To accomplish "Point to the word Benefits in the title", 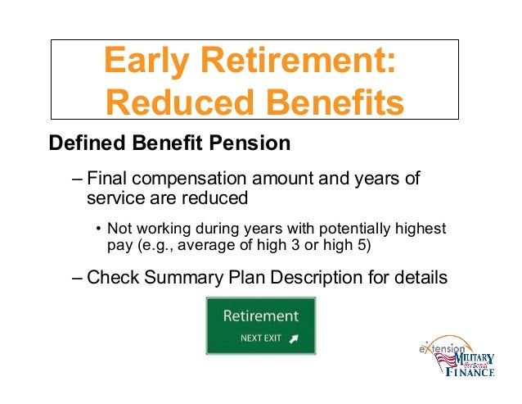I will (337, 105).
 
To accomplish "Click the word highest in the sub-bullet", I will (419, 228).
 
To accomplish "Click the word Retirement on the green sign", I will (261, 316).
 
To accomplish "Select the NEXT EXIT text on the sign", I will (259, 338).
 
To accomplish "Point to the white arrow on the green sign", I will (295, 338).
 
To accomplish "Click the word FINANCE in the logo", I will (470, 373).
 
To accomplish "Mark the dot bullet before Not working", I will (97, 228).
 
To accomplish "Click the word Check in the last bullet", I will (110, 277).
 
